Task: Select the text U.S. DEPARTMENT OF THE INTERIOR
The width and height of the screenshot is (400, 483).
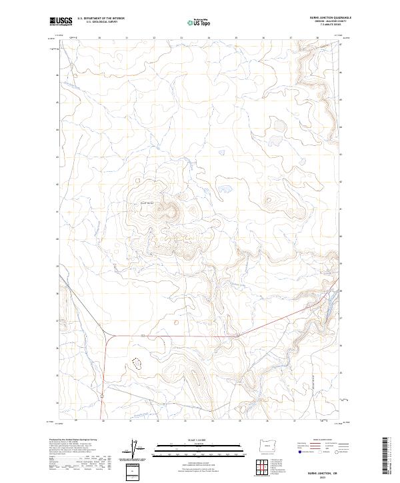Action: point(101,19)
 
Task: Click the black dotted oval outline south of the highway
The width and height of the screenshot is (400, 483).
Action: point(138,363)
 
